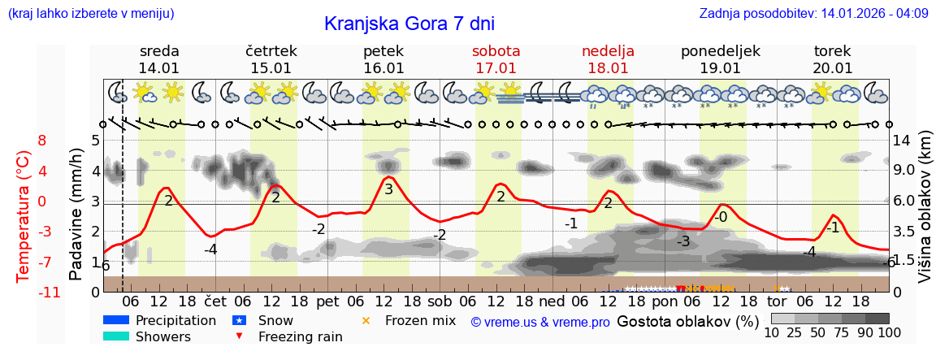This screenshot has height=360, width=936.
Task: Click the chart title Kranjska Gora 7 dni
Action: tap(409, 24)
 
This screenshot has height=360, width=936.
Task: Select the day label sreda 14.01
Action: tap(159, 59)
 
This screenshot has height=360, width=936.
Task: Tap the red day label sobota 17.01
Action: tap(496, 59)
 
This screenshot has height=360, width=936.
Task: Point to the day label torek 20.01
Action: tap(833, 59)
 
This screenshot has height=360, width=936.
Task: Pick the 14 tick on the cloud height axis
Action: tap(901, 140)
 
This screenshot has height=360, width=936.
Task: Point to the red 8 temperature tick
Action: tap(42, 140)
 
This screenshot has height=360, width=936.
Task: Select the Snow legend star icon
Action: tap(239, 320)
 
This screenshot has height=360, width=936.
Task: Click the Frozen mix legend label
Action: tap(420, 320)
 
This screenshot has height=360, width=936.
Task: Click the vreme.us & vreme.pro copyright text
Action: tap(540, 322)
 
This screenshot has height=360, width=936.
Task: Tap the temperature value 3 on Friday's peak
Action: tap(388, 189)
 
